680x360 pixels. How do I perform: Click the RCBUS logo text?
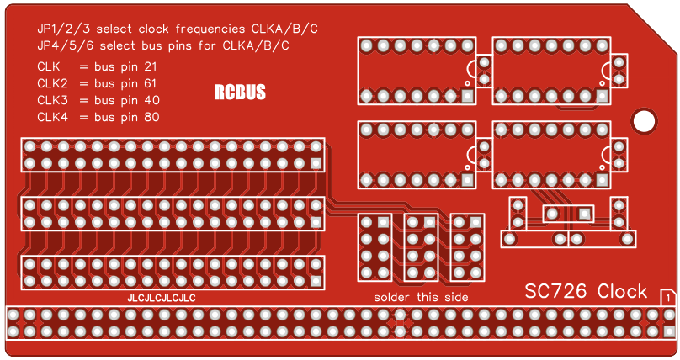pyautogui.click(x=240, y=93)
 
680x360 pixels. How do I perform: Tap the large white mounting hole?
pyautogui.click(x=644, y=120)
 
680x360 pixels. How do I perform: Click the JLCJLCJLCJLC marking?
pyautogui.click(x=162, y=299)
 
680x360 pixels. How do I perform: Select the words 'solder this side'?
pyautogui.click(x=421, y=298)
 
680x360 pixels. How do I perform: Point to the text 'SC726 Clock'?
pyautogui.click(x=587, y=291)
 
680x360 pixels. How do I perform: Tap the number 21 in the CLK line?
pyautogui.click(x=150, y=66)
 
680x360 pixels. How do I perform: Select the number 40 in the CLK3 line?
pyautogui.click(x=151, y=100)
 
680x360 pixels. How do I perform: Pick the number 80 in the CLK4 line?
pyautogui.click(x=151, y=117)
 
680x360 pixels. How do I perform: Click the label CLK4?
pyautogui.click(x=53, y=117)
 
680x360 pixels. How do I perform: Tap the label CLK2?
pyautogui.click(x=53, y=83)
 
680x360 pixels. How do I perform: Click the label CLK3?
pyautogui.click(x=53, y=100)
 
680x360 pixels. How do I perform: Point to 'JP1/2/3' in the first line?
pyautogui.click(x=64, y=29)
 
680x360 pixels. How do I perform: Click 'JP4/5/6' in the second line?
pyautogui.click(x=64, y=45)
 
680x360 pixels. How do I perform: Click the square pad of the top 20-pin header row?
pyautogui.click(x=316, y=163)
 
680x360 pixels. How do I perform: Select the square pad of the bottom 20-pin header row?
pyautogui.click(x=316, y=282)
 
